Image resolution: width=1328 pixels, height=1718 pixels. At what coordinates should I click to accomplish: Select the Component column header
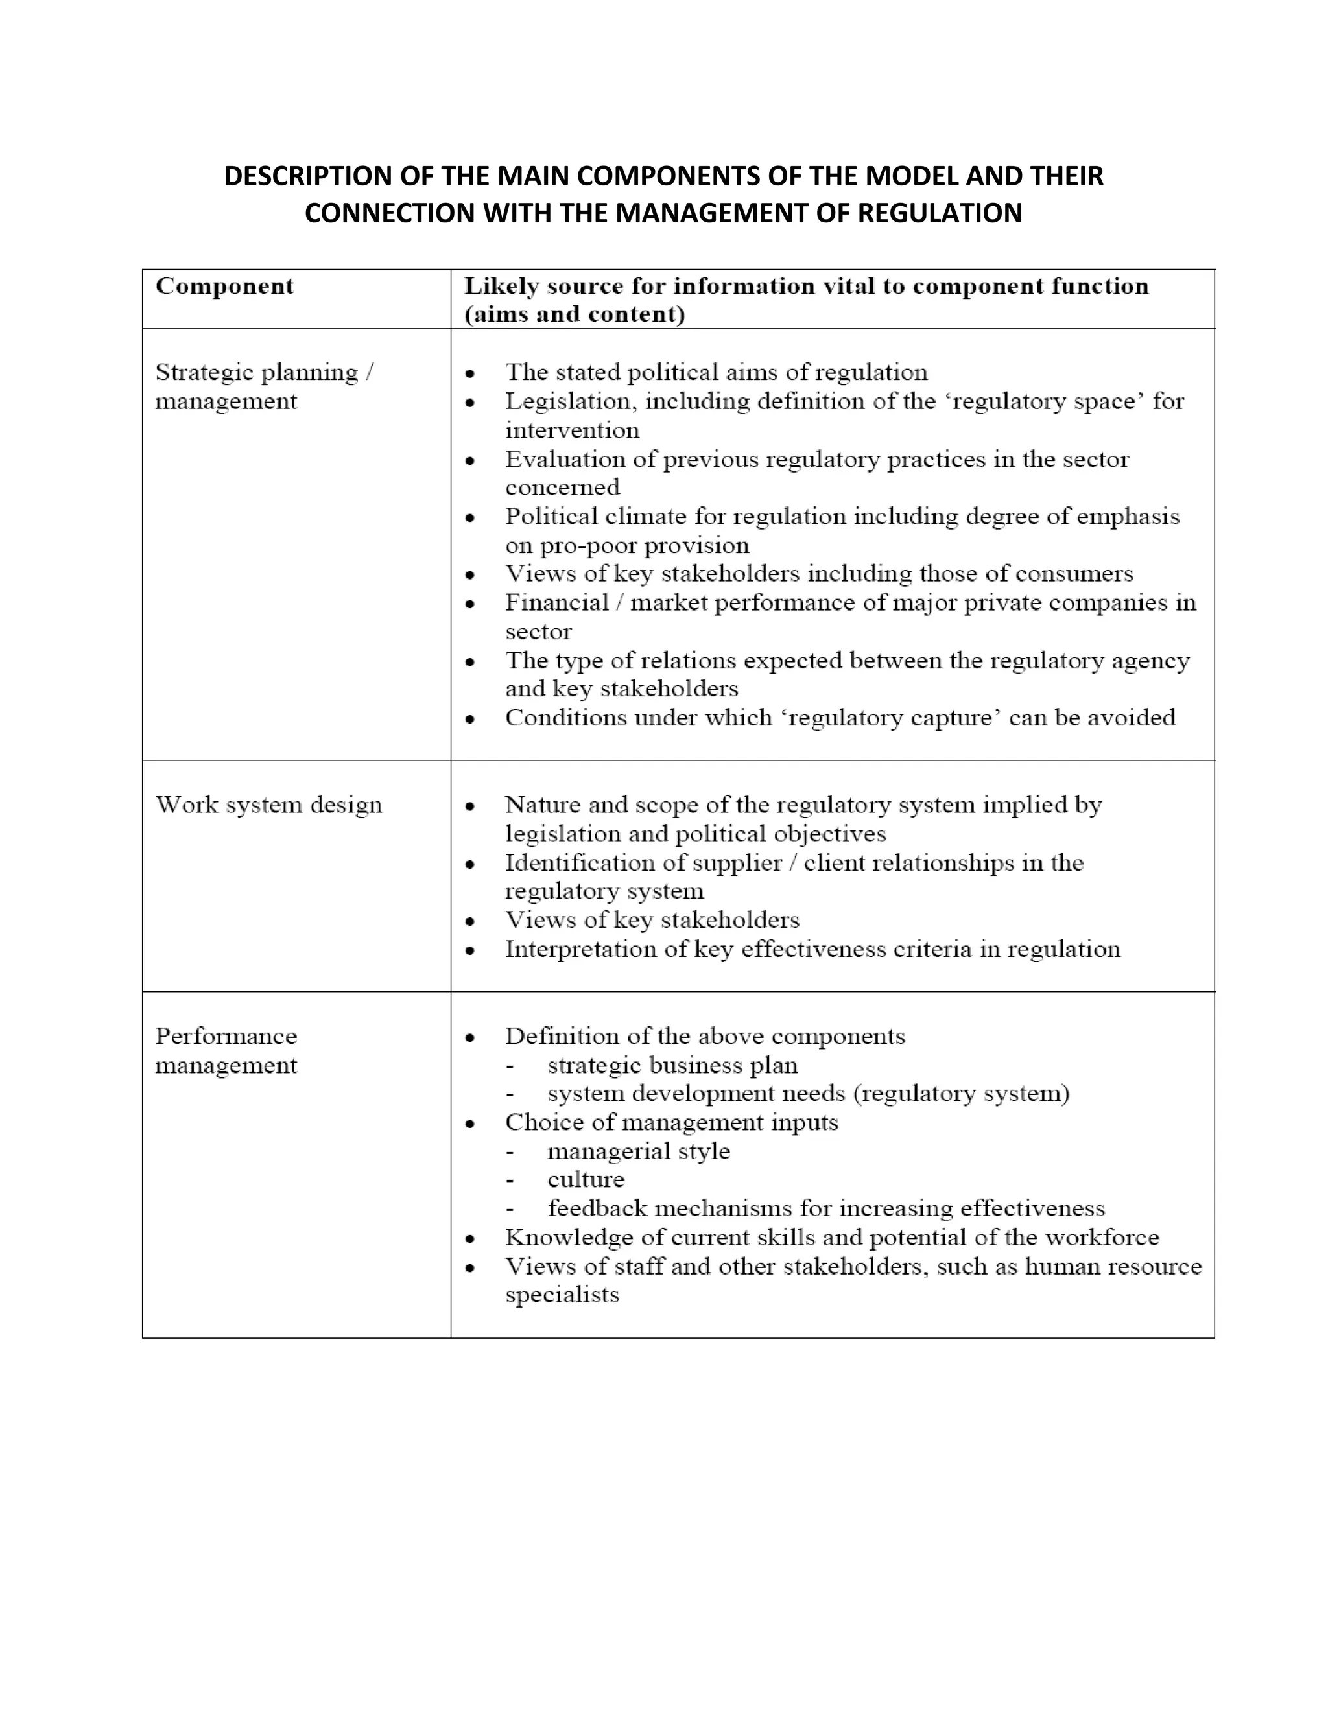point(224,287)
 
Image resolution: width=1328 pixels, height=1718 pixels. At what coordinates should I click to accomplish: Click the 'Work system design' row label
point(269,805)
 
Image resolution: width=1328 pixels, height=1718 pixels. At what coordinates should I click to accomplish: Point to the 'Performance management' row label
point(226,1050)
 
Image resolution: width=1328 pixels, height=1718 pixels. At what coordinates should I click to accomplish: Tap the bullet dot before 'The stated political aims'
point(469,373)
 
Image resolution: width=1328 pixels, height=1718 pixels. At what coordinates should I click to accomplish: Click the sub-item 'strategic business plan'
point(672,1065)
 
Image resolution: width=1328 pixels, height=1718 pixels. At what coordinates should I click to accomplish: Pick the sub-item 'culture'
point(586,1179)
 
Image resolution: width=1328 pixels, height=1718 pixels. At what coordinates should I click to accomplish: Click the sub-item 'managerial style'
point(638,1151)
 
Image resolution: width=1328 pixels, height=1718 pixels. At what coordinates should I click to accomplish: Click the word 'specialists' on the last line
point(562,1295)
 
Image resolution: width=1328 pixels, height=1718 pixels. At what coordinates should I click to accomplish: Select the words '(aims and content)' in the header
point(575,314)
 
